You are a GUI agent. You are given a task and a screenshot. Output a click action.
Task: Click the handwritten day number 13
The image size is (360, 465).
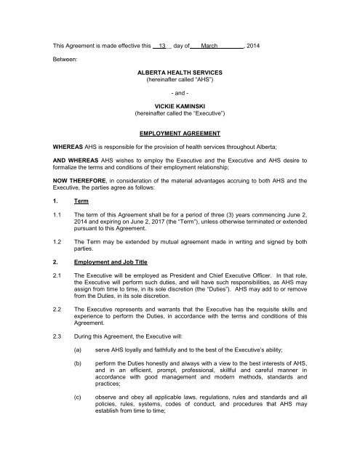[163, 46]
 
